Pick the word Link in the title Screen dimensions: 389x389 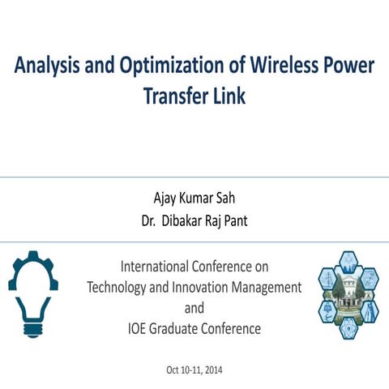229,95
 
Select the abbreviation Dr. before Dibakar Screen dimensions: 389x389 150,220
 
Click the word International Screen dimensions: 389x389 153,266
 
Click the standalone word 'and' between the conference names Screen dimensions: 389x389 194,308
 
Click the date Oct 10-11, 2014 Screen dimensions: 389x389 194,370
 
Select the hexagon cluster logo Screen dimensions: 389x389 348,293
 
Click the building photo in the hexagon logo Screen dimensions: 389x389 348,294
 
